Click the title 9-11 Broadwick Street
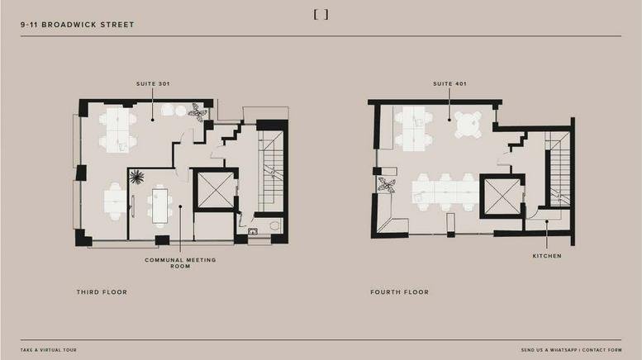click(78, 25)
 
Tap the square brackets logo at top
click(321, 14)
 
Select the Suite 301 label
click(153, 83)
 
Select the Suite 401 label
click(449, 83)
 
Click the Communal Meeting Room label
click(180, 263)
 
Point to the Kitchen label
click(546, 256)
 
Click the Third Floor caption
click(102, 292)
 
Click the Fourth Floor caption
click(400, 292)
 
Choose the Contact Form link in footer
click(603, 350)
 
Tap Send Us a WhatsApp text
click(551, 350)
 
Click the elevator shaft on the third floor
click(215, 190)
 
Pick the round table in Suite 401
click(468, 125)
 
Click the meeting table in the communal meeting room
click(159, 203)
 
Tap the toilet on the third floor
click(276, 225)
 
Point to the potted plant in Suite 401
click(385, 185)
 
